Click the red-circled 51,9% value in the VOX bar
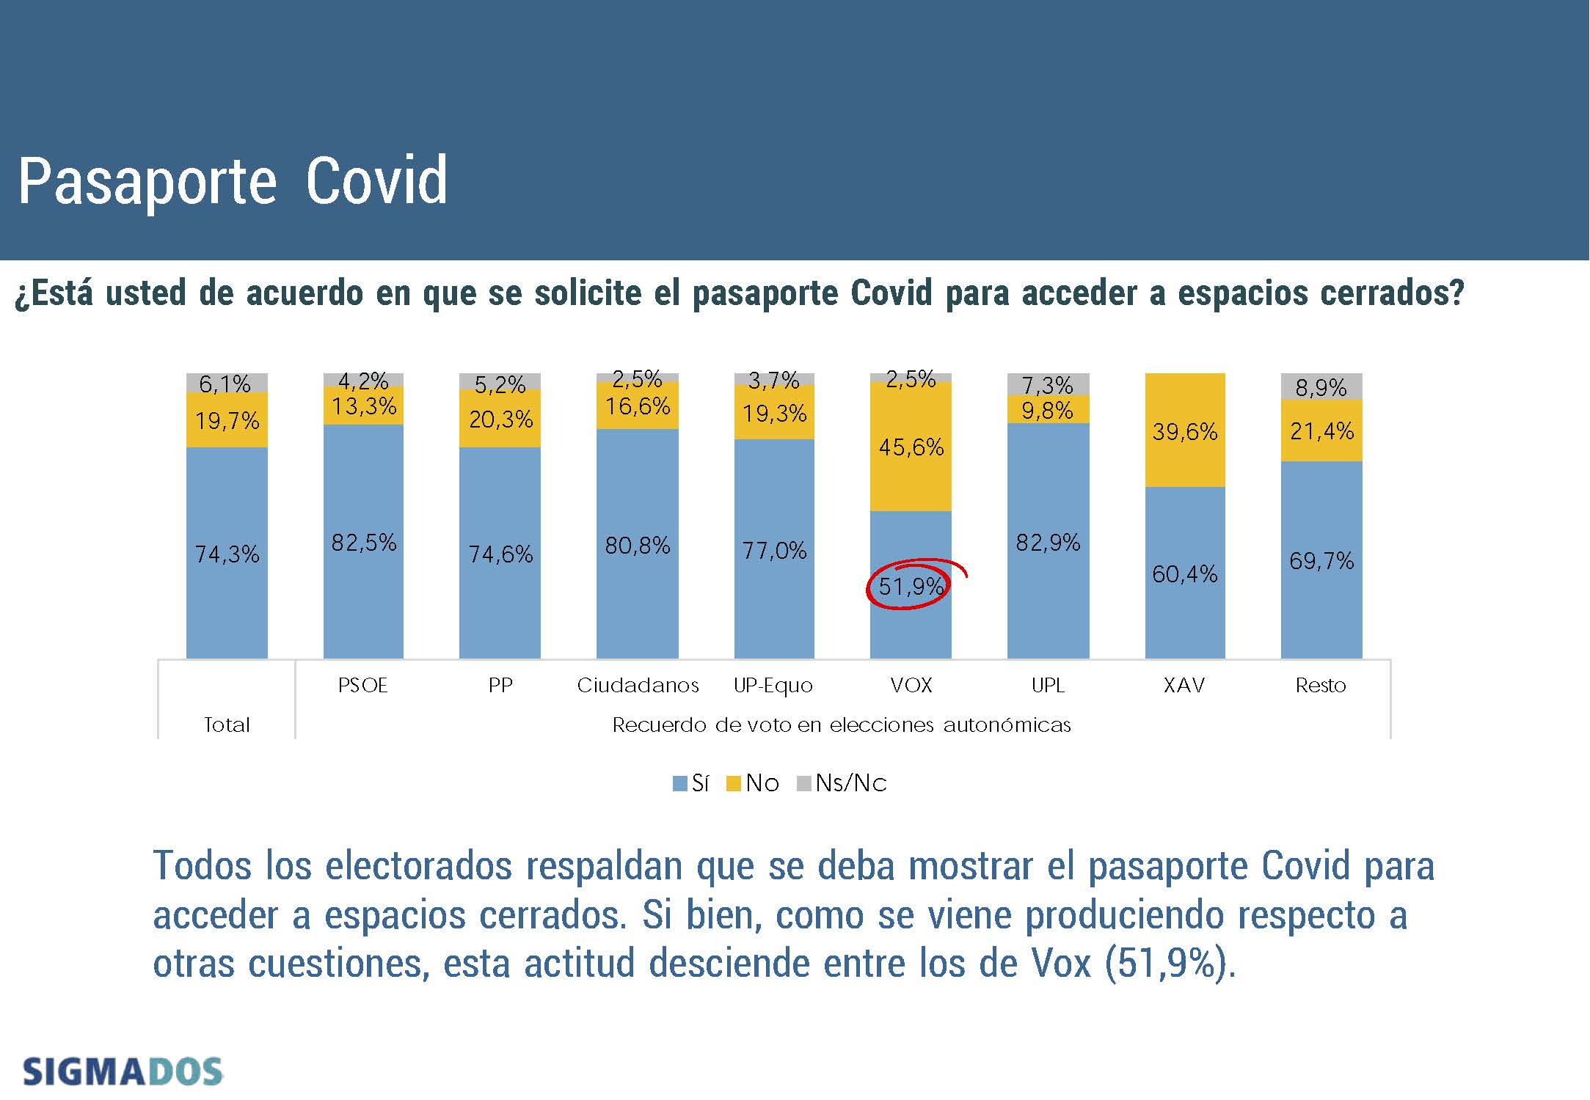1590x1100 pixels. (x=910, y=586)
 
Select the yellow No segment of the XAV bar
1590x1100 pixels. (x=1184, y=430)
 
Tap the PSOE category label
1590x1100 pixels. (x=362, y=685)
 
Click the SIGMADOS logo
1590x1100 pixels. (x=123, y=1071)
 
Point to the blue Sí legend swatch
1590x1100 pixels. (x=679, y=783)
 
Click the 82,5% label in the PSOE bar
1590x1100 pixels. (x=363, y=543)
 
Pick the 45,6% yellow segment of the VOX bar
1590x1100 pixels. (x=911, y=447)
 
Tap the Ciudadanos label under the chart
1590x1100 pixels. (x=638, y=685)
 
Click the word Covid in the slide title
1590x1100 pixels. (x=376, y=180)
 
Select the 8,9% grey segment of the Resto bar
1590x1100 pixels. (x=1321, y=387)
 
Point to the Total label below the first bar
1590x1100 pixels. (x=227, y=725)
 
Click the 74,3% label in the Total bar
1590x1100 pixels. (x=227, y=554)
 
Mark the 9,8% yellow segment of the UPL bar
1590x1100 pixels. (x=1047, y=410)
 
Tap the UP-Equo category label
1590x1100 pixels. (x=773, y=685)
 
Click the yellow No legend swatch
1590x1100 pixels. (x=733, y=783)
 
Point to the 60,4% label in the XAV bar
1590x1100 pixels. (x=1184, y=573)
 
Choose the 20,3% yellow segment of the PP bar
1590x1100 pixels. (x=500, y=419)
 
